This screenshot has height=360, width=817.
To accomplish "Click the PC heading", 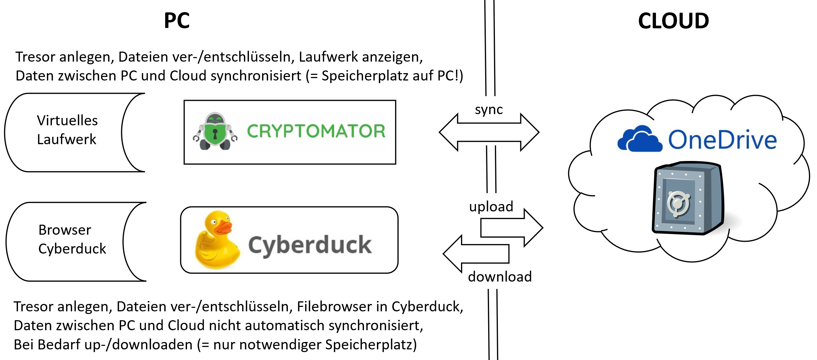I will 177,21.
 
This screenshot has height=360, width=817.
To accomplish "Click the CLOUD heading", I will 673,21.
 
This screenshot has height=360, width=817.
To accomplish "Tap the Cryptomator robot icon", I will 215,131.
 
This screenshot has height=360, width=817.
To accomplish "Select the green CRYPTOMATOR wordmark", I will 316,131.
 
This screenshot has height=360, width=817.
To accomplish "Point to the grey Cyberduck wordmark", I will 310,245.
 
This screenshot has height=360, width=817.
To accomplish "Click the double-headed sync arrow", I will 489,132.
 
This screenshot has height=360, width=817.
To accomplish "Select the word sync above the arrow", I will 489,110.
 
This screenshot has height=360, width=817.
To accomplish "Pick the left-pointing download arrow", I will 476,254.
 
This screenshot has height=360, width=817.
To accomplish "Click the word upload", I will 491,207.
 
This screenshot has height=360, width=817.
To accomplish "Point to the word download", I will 500,277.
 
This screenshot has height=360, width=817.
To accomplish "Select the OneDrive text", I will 722,140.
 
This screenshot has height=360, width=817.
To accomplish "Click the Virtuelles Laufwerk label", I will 67,130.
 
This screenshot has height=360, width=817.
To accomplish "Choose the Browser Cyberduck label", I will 72,239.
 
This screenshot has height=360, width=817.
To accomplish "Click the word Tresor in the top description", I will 35,57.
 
